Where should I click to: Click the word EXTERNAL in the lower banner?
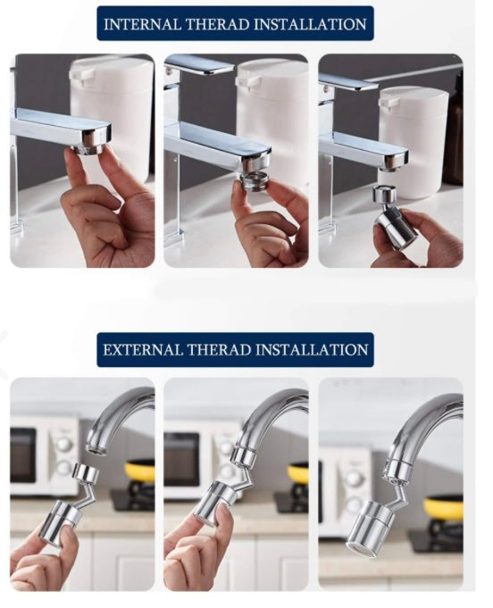(138, 350)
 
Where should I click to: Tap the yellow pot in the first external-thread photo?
(140, 471)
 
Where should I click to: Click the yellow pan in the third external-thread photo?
(444, 508)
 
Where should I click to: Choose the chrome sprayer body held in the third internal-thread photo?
(397, 228)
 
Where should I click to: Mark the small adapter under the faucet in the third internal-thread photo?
(384, 195)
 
